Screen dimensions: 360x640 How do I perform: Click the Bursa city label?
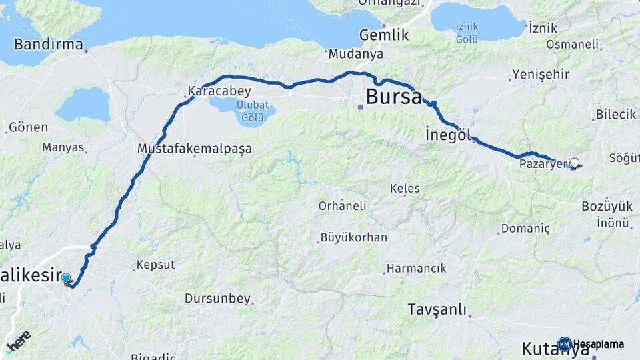point(393,97)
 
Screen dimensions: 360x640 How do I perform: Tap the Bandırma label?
point(49,45)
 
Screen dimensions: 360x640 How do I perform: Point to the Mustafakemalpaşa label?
point(194,149)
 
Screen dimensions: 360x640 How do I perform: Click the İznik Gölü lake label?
point(467,33)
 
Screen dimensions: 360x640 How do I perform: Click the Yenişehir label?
point(541,75)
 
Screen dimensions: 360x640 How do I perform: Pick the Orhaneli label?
point(341,206)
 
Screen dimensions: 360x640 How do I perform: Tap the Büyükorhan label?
point(353,237)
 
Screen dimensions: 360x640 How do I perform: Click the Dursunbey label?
point(218,298)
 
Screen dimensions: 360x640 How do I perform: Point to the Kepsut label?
point(155,265)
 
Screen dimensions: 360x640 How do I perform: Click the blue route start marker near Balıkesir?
point(66,278)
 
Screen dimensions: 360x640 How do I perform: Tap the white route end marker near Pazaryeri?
point(575,162)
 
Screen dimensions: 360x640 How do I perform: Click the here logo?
point(18,341)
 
